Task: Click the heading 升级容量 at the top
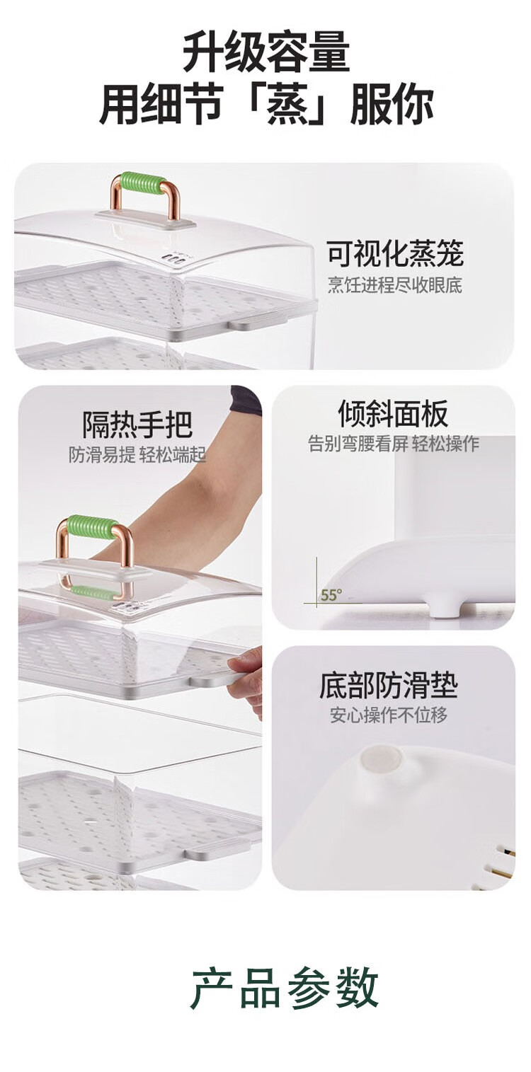(x=265, y=50)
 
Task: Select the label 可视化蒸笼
(x=396, y=253)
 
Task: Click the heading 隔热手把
(x=137, y=424)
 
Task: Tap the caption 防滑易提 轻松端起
(x=137, y=454)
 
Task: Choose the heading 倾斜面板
(x=393, y=413)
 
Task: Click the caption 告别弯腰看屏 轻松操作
(x=393, y=444)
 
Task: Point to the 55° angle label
(x=331, y=595)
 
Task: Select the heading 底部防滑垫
(x=389, y=686)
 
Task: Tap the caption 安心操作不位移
(x=388, y=715)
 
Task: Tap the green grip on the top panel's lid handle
(x=140, y=183)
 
